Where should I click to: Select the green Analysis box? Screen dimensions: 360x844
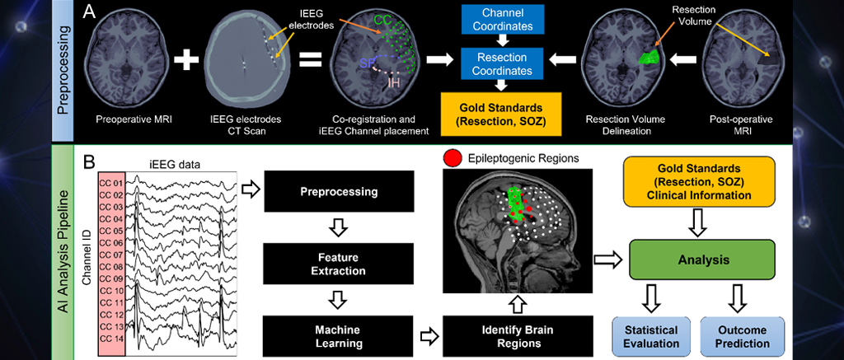[x=702, y=259]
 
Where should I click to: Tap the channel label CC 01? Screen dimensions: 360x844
[x=110, y=180]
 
